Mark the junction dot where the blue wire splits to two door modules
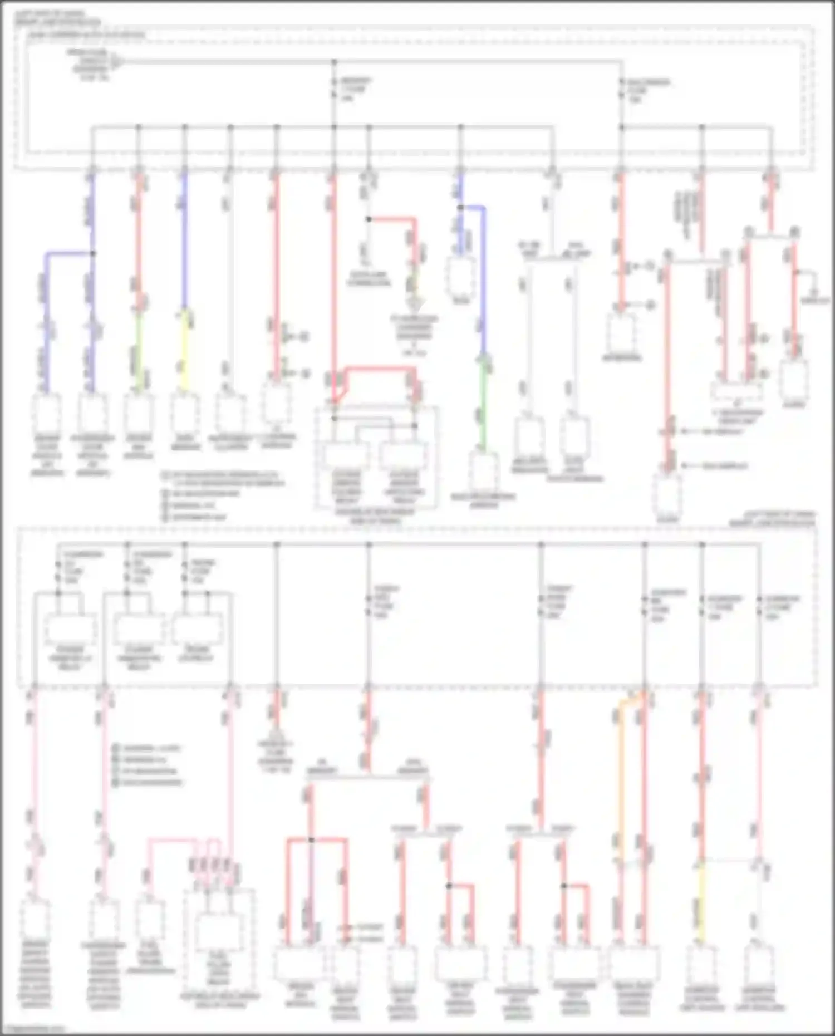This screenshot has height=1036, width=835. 93,253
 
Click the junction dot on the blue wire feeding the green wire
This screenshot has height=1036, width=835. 460,208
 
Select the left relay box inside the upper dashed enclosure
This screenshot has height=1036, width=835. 346,455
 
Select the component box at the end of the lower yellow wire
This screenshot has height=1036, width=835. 701,964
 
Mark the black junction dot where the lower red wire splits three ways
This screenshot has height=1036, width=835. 311,839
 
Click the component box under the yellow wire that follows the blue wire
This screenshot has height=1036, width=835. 184,412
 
